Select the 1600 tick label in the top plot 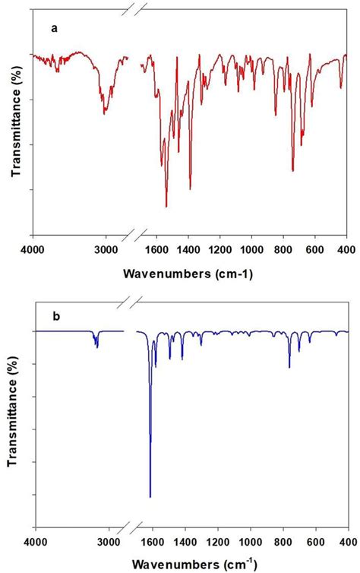[x=156, y=250]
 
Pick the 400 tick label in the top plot [x=346, y=250]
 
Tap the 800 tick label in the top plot [x=283, y=250]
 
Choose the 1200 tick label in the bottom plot [x=219, y=543]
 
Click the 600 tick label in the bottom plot [x=314, y=543]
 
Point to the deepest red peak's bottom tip [x=166, y=206]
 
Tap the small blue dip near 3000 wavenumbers [x=96, y=346]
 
